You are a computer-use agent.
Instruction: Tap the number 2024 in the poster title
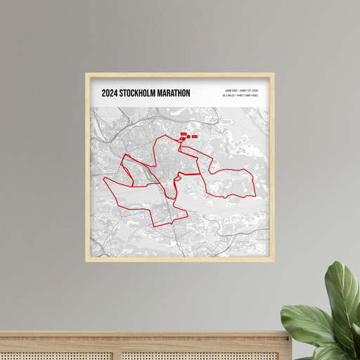pyautogui.click(x=110, y=93)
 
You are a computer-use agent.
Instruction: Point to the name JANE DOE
pyautogui.click(x=231, y=91)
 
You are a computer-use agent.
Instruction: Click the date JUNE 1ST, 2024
pyautogui.click(x=249, y=91)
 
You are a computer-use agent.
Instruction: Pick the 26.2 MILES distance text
pyautogui.click(x=230, y=96)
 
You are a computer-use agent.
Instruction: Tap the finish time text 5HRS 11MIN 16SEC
pyautogui.click(x=249, y=96)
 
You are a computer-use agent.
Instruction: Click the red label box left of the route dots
pyautogui.click(x=182, y=134)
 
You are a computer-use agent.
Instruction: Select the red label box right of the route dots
pyautogui.click(x=195, y=136)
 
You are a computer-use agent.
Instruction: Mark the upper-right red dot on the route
pyautogui.click(x=188, y=136)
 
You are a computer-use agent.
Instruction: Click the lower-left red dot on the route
pyautogui.click(x=182, y=140)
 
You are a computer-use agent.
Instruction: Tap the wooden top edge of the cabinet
pyautogui.click(x=141, y=333)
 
